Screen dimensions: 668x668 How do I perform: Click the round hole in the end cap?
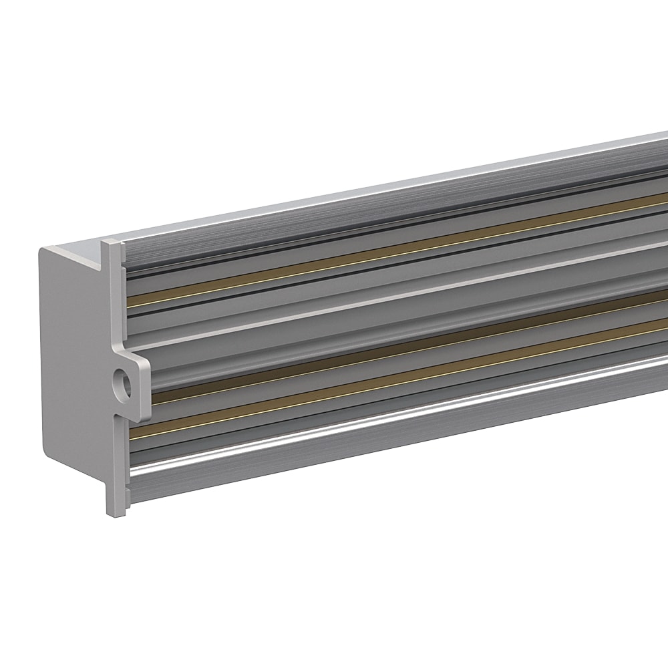point(122,385)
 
